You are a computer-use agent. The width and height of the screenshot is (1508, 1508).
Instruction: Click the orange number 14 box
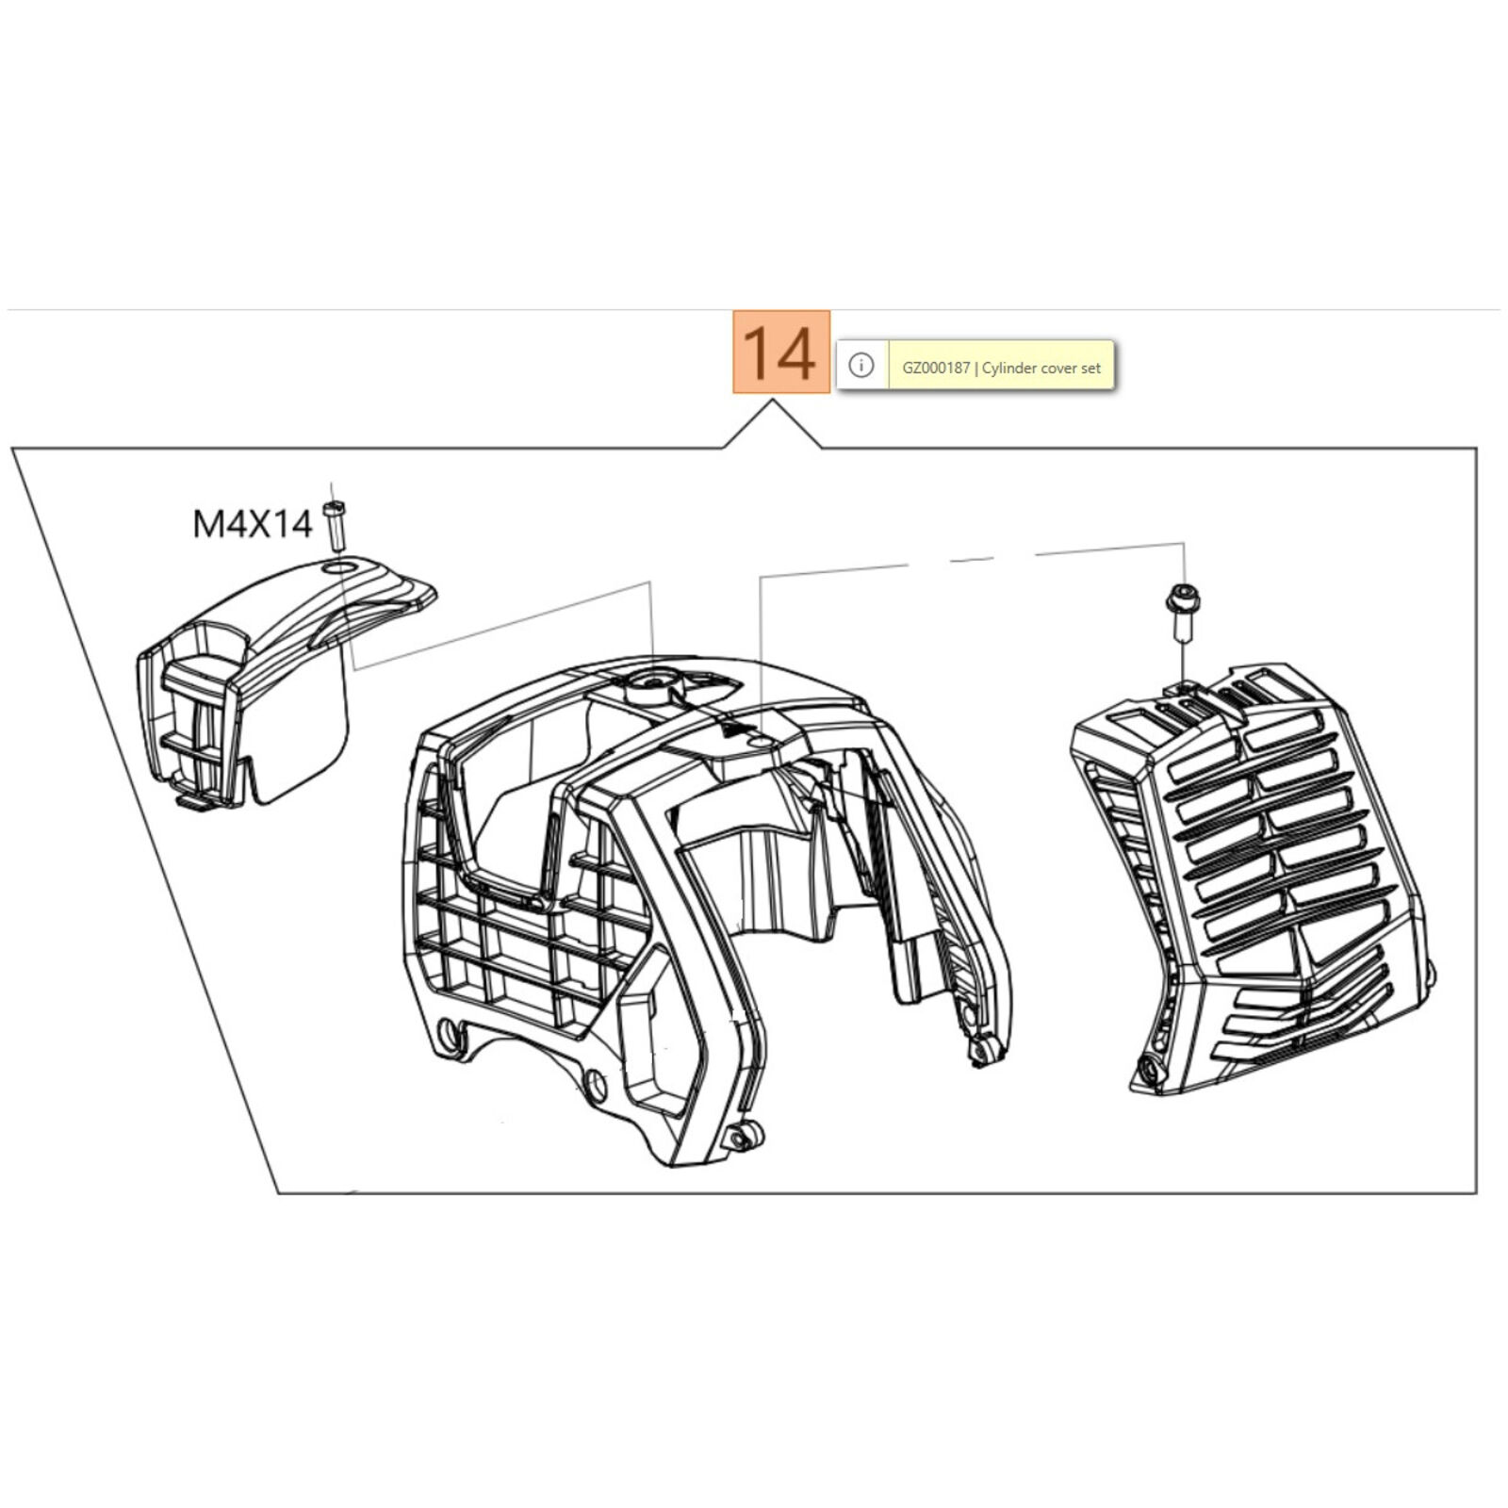(x=781, y=352)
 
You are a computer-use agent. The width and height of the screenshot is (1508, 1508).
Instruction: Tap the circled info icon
(x=861, y=366)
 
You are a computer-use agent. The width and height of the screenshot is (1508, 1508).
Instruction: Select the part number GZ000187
(x=935, y=369)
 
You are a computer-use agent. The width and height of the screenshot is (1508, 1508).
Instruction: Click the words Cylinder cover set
(x=1041, y=369)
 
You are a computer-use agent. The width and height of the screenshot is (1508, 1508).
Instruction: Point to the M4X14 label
(x=252, y=524)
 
